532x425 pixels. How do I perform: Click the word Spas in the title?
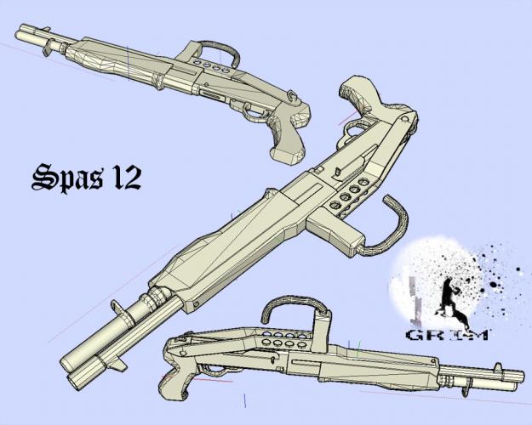pos(67,178)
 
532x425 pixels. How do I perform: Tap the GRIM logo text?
pos(448,335)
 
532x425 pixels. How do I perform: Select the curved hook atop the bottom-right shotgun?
pos(294,308)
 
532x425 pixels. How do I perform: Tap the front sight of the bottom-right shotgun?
pos(498,368)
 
